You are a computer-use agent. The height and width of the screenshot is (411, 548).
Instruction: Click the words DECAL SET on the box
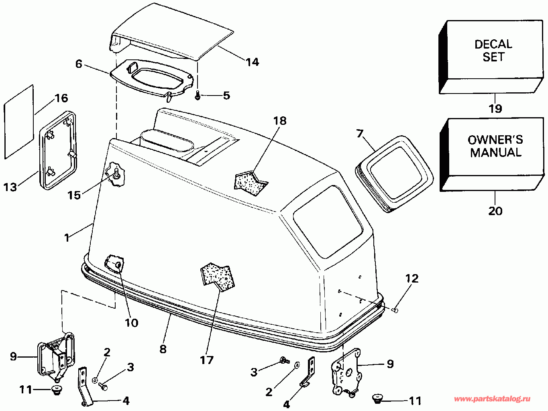(493, 51)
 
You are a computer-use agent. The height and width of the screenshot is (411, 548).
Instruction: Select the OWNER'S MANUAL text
(495, 146)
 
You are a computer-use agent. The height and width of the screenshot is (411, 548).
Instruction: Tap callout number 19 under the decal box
(495, 108)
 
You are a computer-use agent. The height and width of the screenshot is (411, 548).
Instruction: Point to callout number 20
(495, 211)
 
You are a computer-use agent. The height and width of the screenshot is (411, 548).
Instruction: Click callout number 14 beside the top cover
(253, 62)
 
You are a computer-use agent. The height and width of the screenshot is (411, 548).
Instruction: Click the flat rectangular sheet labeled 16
(19, 122)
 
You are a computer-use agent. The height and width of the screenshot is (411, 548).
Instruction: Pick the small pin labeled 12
(395, 310)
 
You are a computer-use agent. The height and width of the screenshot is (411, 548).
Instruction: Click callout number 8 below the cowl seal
(163, 349)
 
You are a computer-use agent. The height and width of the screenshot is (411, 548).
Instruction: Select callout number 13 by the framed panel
(10, 187)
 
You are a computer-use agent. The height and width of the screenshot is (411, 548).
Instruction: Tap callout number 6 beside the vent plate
(79, 64)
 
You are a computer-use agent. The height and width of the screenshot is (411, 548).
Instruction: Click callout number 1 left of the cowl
(67, 238)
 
